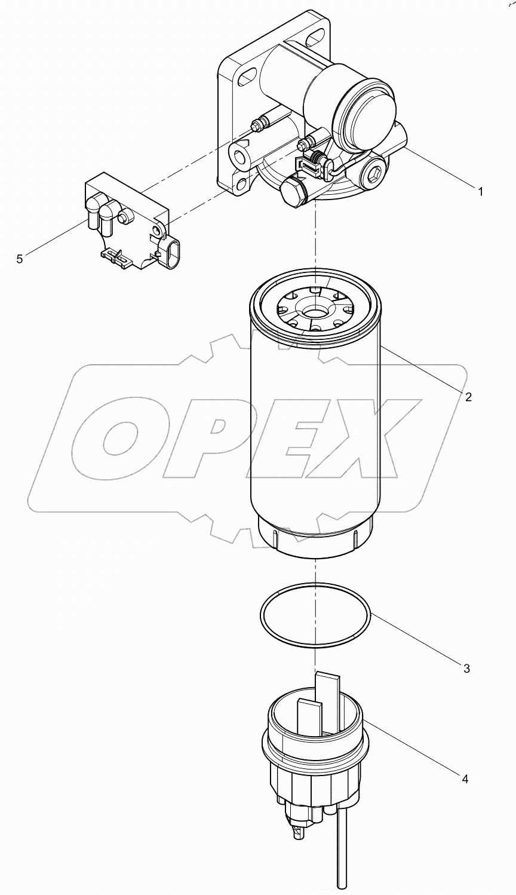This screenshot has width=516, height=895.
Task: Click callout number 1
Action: (x=479, y=191)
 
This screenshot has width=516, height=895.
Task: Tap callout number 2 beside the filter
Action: (x=469, y=397)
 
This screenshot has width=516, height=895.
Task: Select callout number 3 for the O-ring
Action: (x=466, y=668)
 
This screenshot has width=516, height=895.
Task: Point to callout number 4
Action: (x=464, y=778)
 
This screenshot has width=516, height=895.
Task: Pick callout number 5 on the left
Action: (x=20, y=258)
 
